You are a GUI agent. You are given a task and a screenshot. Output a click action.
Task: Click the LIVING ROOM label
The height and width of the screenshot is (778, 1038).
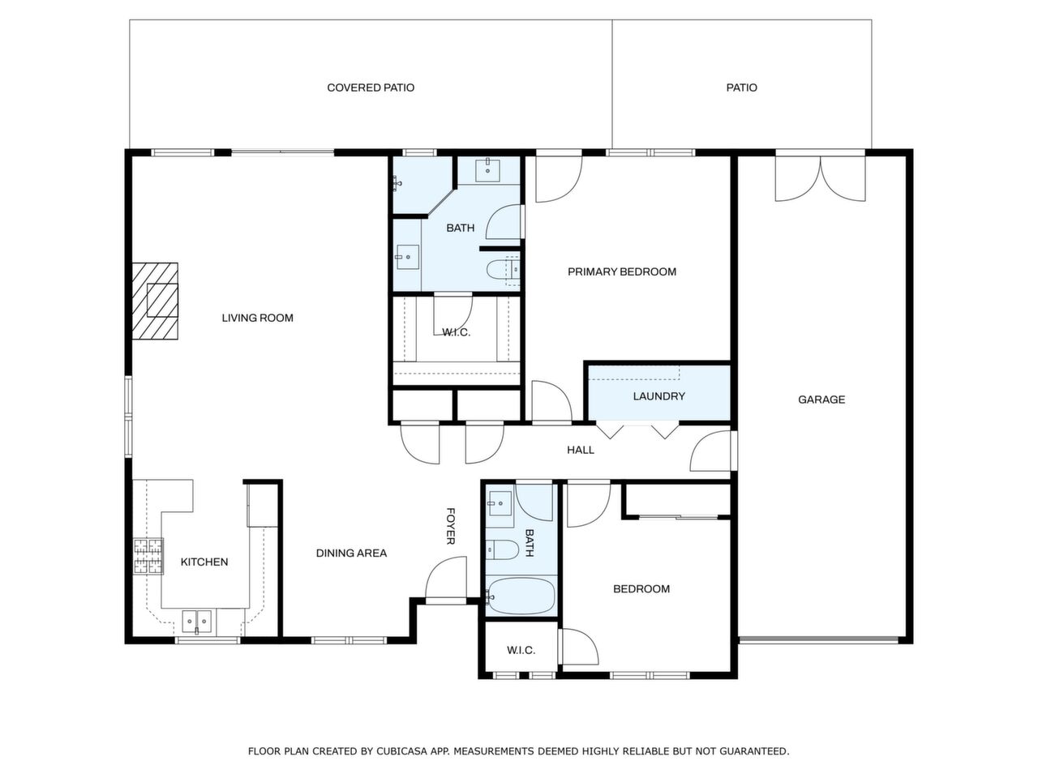coord(257,318)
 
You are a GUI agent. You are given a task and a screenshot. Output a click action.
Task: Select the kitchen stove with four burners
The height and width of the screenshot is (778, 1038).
coord(148,557)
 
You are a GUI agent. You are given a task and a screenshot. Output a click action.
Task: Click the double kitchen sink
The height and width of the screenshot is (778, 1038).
coord(195,622)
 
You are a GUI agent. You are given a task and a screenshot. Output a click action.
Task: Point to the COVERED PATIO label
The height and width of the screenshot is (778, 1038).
coord(371,88)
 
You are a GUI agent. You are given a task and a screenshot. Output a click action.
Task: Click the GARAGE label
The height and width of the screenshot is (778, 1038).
coord(821,400)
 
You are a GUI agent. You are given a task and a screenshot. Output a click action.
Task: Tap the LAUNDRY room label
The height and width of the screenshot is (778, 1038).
coord(658,396)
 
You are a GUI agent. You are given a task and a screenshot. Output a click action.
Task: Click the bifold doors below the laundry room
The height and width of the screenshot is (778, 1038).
coord(637,430)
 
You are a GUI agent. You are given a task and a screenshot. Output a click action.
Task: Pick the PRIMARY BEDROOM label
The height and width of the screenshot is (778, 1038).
coord(621,271)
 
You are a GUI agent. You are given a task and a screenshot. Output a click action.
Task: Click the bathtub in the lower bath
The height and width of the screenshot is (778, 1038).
coord(521,596)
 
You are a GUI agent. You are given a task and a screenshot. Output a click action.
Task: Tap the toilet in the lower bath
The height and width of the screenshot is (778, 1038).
coord(501,550)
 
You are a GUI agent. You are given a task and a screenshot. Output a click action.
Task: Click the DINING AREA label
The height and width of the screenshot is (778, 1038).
coord(351,553)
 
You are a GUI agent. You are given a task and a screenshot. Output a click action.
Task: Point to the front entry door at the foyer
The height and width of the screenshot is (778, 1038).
coord(446,579)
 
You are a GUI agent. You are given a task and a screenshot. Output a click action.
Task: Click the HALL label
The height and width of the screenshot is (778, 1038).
coord(581,450)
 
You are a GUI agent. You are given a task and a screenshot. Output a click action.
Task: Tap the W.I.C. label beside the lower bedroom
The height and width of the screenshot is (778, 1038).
coord(521,650)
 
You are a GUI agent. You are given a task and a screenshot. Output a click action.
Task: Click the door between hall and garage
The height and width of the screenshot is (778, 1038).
coord(712,451)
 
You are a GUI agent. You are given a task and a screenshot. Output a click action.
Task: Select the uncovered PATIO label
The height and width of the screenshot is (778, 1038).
coord(741,88)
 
